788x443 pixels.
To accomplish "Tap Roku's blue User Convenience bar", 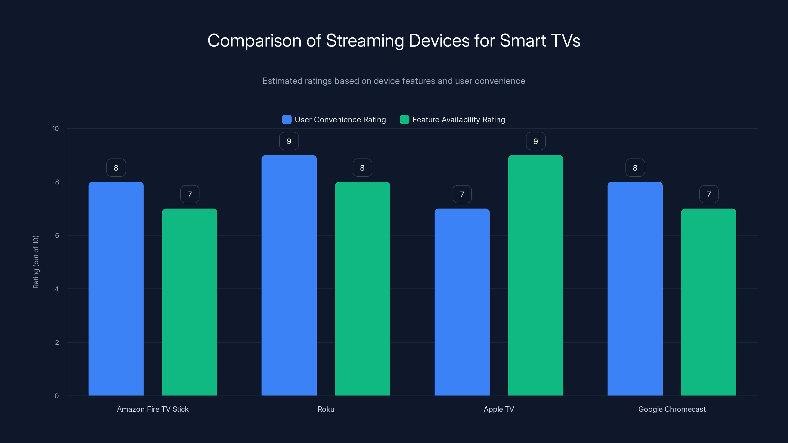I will tap(289, 275).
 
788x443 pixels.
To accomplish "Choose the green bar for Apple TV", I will tap(535, 275).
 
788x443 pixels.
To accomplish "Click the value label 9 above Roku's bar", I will tap(289, 141).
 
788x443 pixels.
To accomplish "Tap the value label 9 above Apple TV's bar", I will tap(535, 141).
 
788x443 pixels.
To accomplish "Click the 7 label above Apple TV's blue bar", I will tap(462, 194).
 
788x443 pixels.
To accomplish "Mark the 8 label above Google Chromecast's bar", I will tap(635, 168).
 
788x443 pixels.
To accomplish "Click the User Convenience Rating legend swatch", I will tap(287, 120).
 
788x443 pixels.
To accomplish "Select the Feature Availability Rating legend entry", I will tap(458, 120).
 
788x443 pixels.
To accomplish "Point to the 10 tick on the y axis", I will tap(55, 129).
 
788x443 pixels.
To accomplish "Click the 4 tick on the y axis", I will tap(57, 289).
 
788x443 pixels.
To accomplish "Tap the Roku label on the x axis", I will tap(326, 409).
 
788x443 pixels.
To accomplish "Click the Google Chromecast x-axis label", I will tap(672, 409).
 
